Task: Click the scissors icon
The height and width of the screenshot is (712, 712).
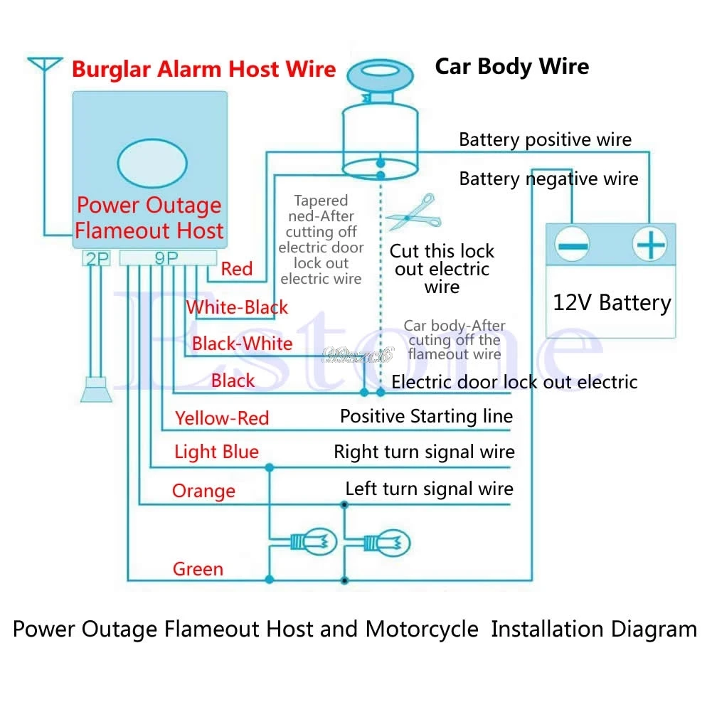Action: (408, 212)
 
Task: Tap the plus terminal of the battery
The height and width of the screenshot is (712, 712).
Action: (649, 247)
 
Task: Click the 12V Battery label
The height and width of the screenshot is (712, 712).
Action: (612, 303)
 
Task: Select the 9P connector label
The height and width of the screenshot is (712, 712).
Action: (166, 259)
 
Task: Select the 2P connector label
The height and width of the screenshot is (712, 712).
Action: (97, 259)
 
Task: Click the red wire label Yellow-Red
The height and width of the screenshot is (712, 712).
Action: (222, 418)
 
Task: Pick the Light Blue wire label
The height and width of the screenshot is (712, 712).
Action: (216, 452)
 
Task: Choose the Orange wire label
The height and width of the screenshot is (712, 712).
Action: (203, 491)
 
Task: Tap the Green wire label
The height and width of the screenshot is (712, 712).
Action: (198, 569)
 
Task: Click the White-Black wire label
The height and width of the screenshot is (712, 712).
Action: (237, 307)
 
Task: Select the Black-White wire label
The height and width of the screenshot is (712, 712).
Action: (242, 344)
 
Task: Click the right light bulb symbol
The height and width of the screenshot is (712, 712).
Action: (388, 543)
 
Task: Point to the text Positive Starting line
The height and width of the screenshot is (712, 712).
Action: (426, 416)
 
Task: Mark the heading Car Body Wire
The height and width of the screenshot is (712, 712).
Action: (511, 67)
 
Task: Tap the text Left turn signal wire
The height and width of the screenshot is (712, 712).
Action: (429, 489)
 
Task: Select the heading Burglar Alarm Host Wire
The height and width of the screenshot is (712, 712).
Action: (203, 69)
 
